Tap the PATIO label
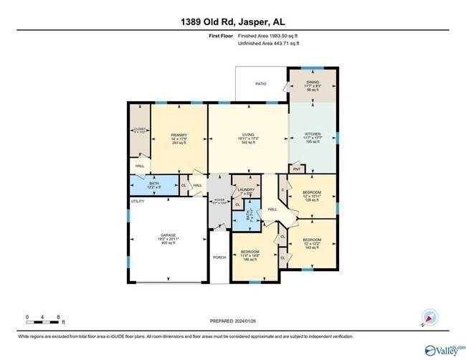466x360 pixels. pos(261,84)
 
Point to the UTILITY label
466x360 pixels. pos(138,202)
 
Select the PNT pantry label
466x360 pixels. pos(297,170)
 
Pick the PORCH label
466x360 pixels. pos(219,257)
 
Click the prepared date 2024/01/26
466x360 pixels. pos(233,322)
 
